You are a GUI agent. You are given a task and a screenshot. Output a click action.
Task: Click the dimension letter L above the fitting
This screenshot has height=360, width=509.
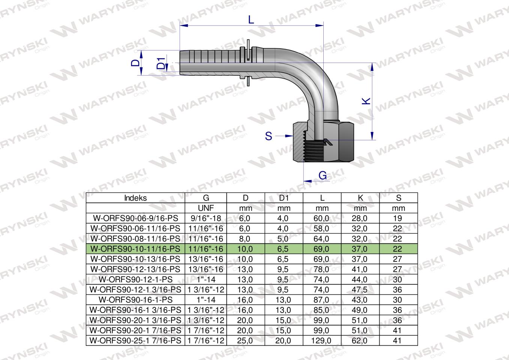(251, 19)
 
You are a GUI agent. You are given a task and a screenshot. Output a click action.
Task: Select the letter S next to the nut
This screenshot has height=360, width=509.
(269, 136)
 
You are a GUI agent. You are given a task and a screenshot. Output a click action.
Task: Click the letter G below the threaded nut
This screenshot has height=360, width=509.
(322, 175)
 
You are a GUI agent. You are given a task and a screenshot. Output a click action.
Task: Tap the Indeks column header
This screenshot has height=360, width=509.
(135, 198)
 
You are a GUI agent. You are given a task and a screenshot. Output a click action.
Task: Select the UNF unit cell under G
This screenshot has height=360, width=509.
(206, 208)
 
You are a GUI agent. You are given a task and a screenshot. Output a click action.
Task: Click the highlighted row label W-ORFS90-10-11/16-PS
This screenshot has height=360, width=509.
(135, 249)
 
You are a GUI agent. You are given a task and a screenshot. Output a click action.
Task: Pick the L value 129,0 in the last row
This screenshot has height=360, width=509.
(322, 341)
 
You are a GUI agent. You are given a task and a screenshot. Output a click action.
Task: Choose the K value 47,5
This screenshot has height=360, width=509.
(360, 290)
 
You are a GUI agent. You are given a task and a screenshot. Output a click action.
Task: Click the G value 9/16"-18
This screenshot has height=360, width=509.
(206, 218)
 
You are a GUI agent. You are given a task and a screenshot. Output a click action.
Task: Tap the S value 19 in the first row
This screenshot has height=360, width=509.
(398, 218)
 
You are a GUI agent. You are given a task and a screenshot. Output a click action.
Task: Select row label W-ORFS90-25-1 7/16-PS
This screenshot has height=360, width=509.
(135, 341)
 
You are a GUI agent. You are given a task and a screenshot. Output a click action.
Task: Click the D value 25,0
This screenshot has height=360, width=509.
(246, 341)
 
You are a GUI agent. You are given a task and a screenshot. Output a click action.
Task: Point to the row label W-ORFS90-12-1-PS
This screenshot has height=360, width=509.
(135, 280)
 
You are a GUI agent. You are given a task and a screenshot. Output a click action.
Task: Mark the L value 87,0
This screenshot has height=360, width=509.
(322, 300)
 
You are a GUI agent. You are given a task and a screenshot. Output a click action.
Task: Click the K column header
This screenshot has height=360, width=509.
(360, 198)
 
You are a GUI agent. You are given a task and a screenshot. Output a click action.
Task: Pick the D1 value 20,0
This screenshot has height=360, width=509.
(284, 341)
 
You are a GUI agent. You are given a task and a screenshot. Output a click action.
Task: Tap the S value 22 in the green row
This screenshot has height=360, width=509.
(398, 249)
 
